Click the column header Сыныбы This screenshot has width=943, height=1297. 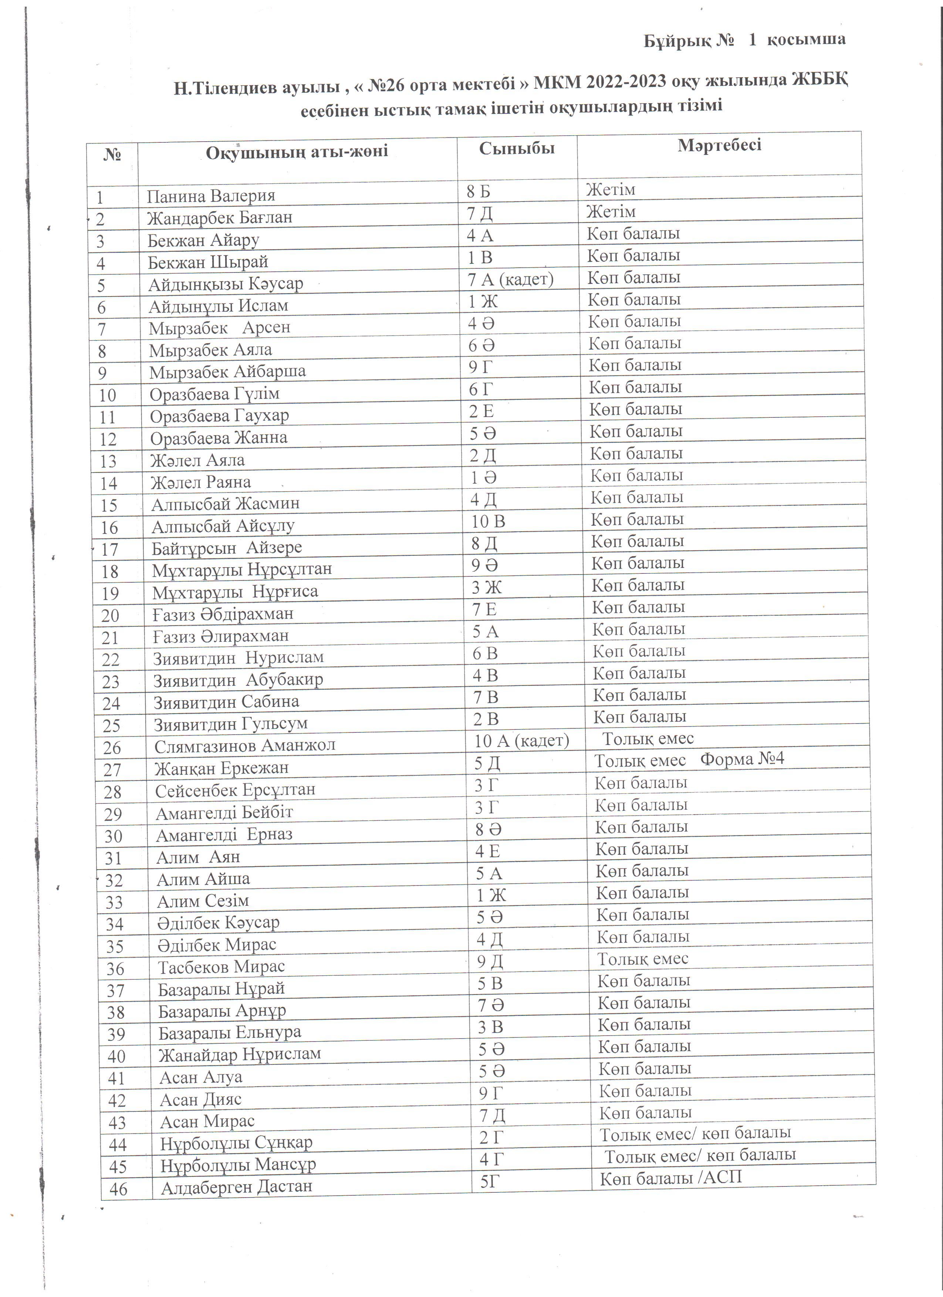(x=516, y=149)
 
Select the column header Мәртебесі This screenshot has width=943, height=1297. (x=719, y=145)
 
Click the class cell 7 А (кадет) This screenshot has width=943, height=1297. (x=510, y=280)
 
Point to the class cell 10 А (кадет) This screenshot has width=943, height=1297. (x=521, y=741)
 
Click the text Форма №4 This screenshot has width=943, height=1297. (x=742, y=759)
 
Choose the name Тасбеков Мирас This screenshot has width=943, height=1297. (x=221, y=966)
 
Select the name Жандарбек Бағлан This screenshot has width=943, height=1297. (x=220, y=218)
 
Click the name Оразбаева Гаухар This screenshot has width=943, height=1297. (x=219, y=416)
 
